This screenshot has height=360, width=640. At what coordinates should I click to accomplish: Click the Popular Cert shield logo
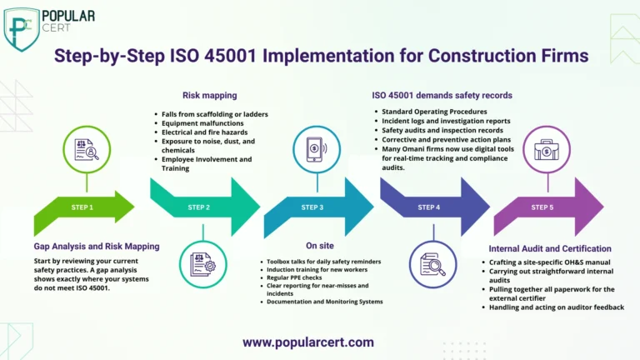coord(22,29)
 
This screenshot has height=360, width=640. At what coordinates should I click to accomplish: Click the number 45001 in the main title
coord(230,56)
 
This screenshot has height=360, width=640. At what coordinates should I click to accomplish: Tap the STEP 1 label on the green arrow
coord(82,207)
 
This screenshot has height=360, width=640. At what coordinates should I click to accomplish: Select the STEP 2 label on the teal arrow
coord(199,207)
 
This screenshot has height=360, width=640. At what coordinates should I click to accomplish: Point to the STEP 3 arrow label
coord(312,207)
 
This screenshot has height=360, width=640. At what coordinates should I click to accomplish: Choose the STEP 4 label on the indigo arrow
coord(428,207)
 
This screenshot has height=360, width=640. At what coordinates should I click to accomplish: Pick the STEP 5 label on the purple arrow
coord(542,207)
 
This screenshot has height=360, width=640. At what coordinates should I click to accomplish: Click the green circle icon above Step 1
coord(87,149)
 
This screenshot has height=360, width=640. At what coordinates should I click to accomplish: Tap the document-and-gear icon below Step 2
coord(202,264)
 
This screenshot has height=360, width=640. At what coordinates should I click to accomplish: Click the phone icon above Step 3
coord(317,149)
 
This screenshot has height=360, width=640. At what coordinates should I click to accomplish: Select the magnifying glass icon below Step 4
coord(433,264)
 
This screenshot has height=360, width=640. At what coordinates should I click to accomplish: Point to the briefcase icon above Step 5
coord(547,149)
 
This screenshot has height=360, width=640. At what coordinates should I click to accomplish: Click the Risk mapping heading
coord(210,96)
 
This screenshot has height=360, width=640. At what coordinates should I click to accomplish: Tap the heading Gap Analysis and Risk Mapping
coord(97,247)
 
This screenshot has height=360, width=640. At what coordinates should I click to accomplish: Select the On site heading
coord(320,246)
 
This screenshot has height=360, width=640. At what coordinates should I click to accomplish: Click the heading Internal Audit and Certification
coord(550,248)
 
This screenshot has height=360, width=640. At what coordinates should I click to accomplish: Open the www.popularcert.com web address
coord(308,342)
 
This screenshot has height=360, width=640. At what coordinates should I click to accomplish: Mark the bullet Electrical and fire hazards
coord(204,132)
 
